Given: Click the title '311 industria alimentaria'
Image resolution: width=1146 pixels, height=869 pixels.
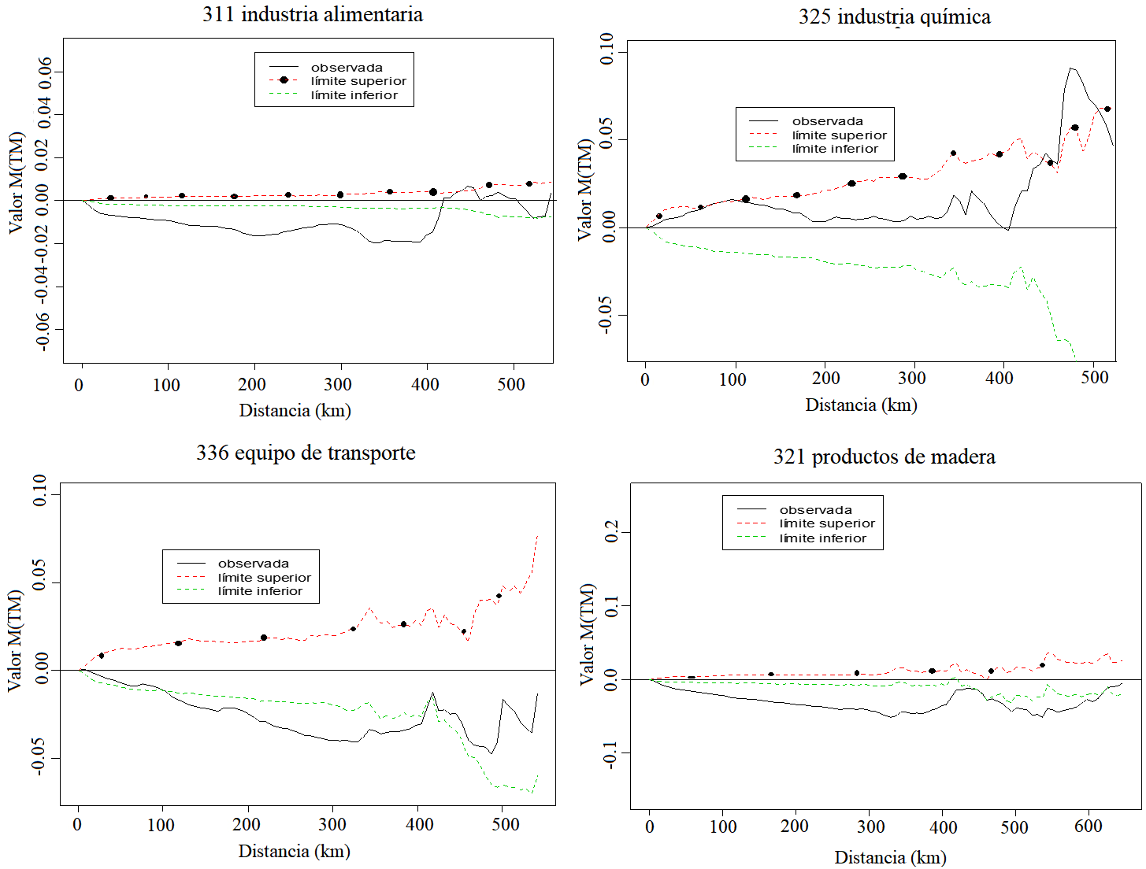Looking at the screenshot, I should click(x=312, y=15).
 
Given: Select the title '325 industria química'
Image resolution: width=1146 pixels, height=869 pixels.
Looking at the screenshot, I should click(x=894, y=17).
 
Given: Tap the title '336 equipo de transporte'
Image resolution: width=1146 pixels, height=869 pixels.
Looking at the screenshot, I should click(x=306, y=453).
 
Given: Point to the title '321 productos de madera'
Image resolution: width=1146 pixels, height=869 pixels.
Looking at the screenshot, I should click(x=884, y=457).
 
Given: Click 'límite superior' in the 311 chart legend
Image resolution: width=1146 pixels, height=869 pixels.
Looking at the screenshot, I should click(x=358, y=81).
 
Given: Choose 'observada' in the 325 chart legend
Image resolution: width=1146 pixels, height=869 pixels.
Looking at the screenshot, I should click(x=827, y=121).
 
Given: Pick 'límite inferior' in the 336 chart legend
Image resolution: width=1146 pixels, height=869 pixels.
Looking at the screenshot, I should click(x=260, y=591).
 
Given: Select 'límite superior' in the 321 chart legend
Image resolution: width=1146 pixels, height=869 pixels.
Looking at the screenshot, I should click(x=827, y=523).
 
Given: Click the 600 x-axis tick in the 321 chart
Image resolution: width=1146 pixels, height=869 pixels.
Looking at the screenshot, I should click(x=1089, y=826).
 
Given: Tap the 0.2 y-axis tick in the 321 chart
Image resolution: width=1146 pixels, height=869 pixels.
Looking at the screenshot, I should click(x=611, y=532).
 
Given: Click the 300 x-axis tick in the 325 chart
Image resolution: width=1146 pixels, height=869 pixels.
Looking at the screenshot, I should click(x=912, y=379).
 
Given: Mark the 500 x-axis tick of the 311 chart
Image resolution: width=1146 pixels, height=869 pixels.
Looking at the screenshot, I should click(x=512, y=385).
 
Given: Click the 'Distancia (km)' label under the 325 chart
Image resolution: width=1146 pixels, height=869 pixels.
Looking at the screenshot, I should click(x=861, y=405).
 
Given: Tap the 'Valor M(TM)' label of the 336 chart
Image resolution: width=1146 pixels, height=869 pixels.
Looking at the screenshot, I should click(x=15, y=641).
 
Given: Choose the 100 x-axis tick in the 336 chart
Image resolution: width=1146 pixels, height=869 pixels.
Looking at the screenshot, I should click(x=161, y=825).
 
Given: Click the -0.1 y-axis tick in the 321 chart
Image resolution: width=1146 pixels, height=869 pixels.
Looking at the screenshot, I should click(x=611, y=753).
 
